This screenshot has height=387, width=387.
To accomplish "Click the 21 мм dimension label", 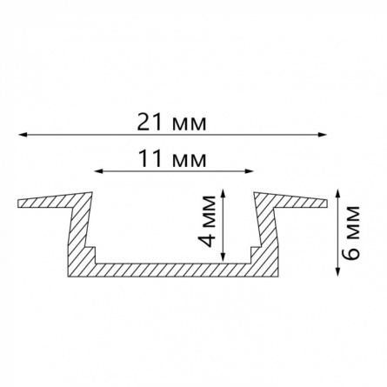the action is click(172, 123).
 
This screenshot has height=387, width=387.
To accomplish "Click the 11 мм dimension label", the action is click(173, 159).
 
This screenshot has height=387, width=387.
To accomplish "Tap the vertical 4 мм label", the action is click(210, 221).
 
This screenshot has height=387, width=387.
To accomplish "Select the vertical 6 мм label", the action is click(351, 232).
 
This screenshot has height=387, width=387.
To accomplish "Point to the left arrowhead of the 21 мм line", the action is click(23, 135).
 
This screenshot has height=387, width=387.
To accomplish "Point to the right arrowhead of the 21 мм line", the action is click(323, 135).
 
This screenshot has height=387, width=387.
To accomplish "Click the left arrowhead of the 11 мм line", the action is click(99, 171).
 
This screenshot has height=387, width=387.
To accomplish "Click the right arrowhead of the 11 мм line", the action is click(249, 171).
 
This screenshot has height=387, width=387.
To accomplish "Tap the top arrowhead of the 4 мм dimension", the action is click(223, 194).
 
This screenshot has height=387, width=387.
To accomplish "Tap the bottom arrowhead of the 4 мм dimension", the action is click(223, 257).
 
